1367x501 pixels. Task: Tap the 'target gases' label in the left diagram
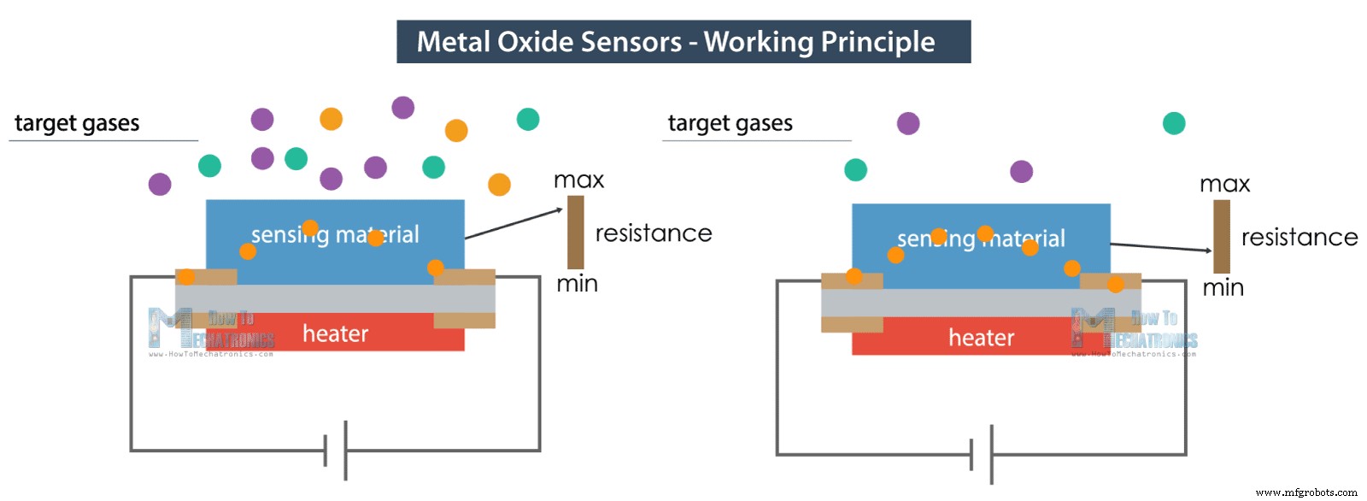pos(77,123)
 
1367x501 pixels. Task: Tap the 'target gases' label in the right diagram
pos(730,123)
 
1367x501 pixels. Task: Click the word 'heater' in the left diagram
pos(335,333)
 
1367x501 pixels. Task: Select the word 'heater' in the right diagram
pos(981,338)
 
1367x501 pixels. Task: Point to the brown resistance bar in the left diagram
pos(576,232)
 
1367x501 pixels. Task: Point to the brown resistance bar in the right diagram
pos(1222,236)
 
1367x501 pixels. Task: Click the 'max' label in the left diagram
pos(578,180)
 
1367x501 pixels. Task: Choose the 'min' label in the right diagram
pos(1223,288)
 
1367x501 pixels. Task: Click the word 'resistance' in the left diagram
pos(653,233)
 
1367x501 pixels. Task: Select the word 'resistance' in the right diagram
pos(1299,238)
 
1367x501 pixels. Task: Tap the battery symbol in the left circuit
pos(336,450)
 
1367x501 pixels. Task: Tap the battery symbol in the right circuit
pos(982,454)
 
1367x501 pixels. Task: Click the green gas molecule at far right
pos(1174,123)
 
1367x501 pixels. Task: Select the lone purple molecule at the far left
pos(160,184)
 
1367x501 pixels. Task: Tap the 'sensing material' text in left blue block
pos(335,234)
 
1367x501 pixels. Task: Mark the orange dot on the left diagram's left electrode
pos(185,277)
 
